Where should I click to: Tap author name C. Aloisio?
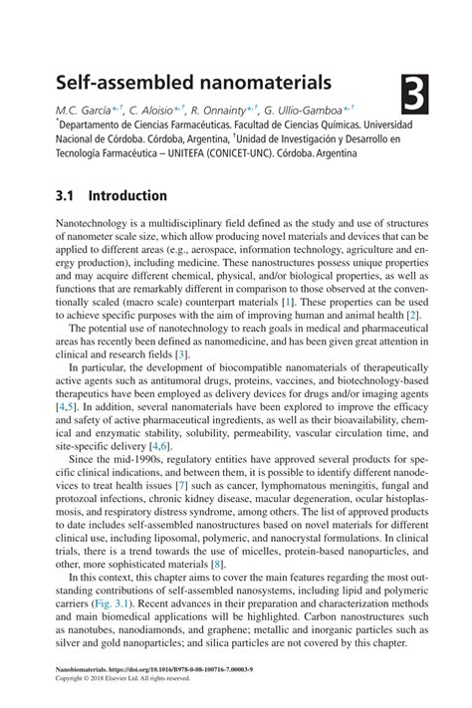(x=156, y=109)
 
